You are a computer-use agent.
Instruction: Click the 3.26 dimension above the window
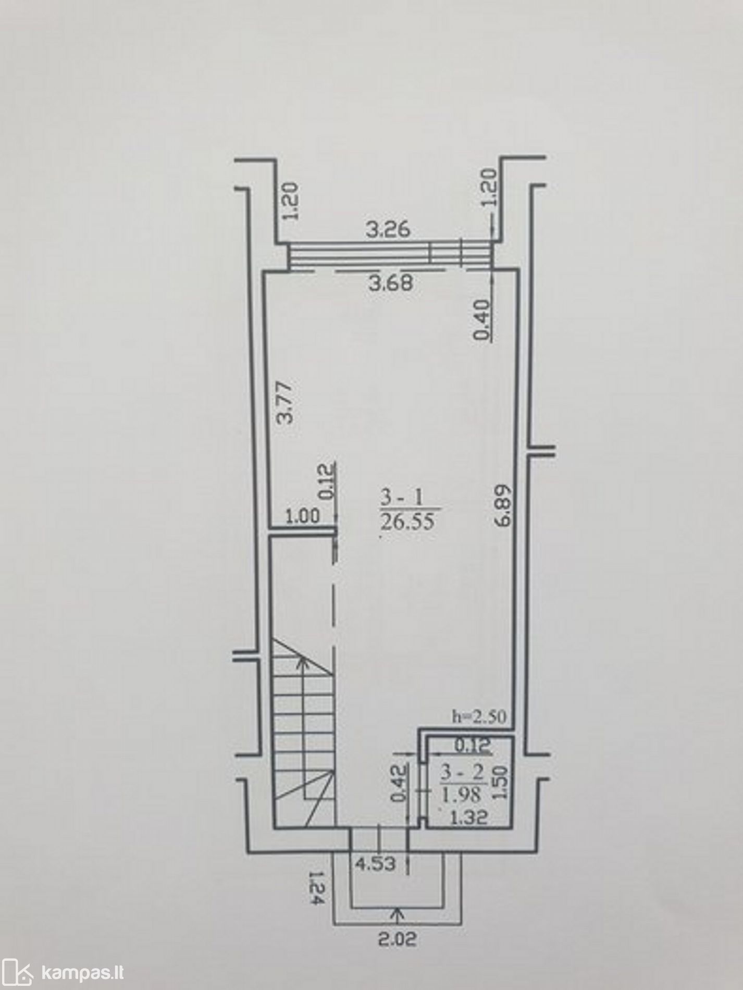tap(388, 230)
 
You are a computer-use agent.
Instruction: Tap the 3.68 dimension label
tap(390, 283)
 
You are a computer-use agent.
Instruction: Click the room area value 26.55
tap(407, 522)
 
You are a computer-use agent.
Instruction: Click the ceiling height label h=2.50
tap(478, 717)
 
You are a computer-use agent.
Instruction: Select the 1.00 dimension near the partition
tap(303, 516)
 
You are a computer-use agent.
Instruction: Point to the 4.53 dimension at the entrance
tap(375, 864)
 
